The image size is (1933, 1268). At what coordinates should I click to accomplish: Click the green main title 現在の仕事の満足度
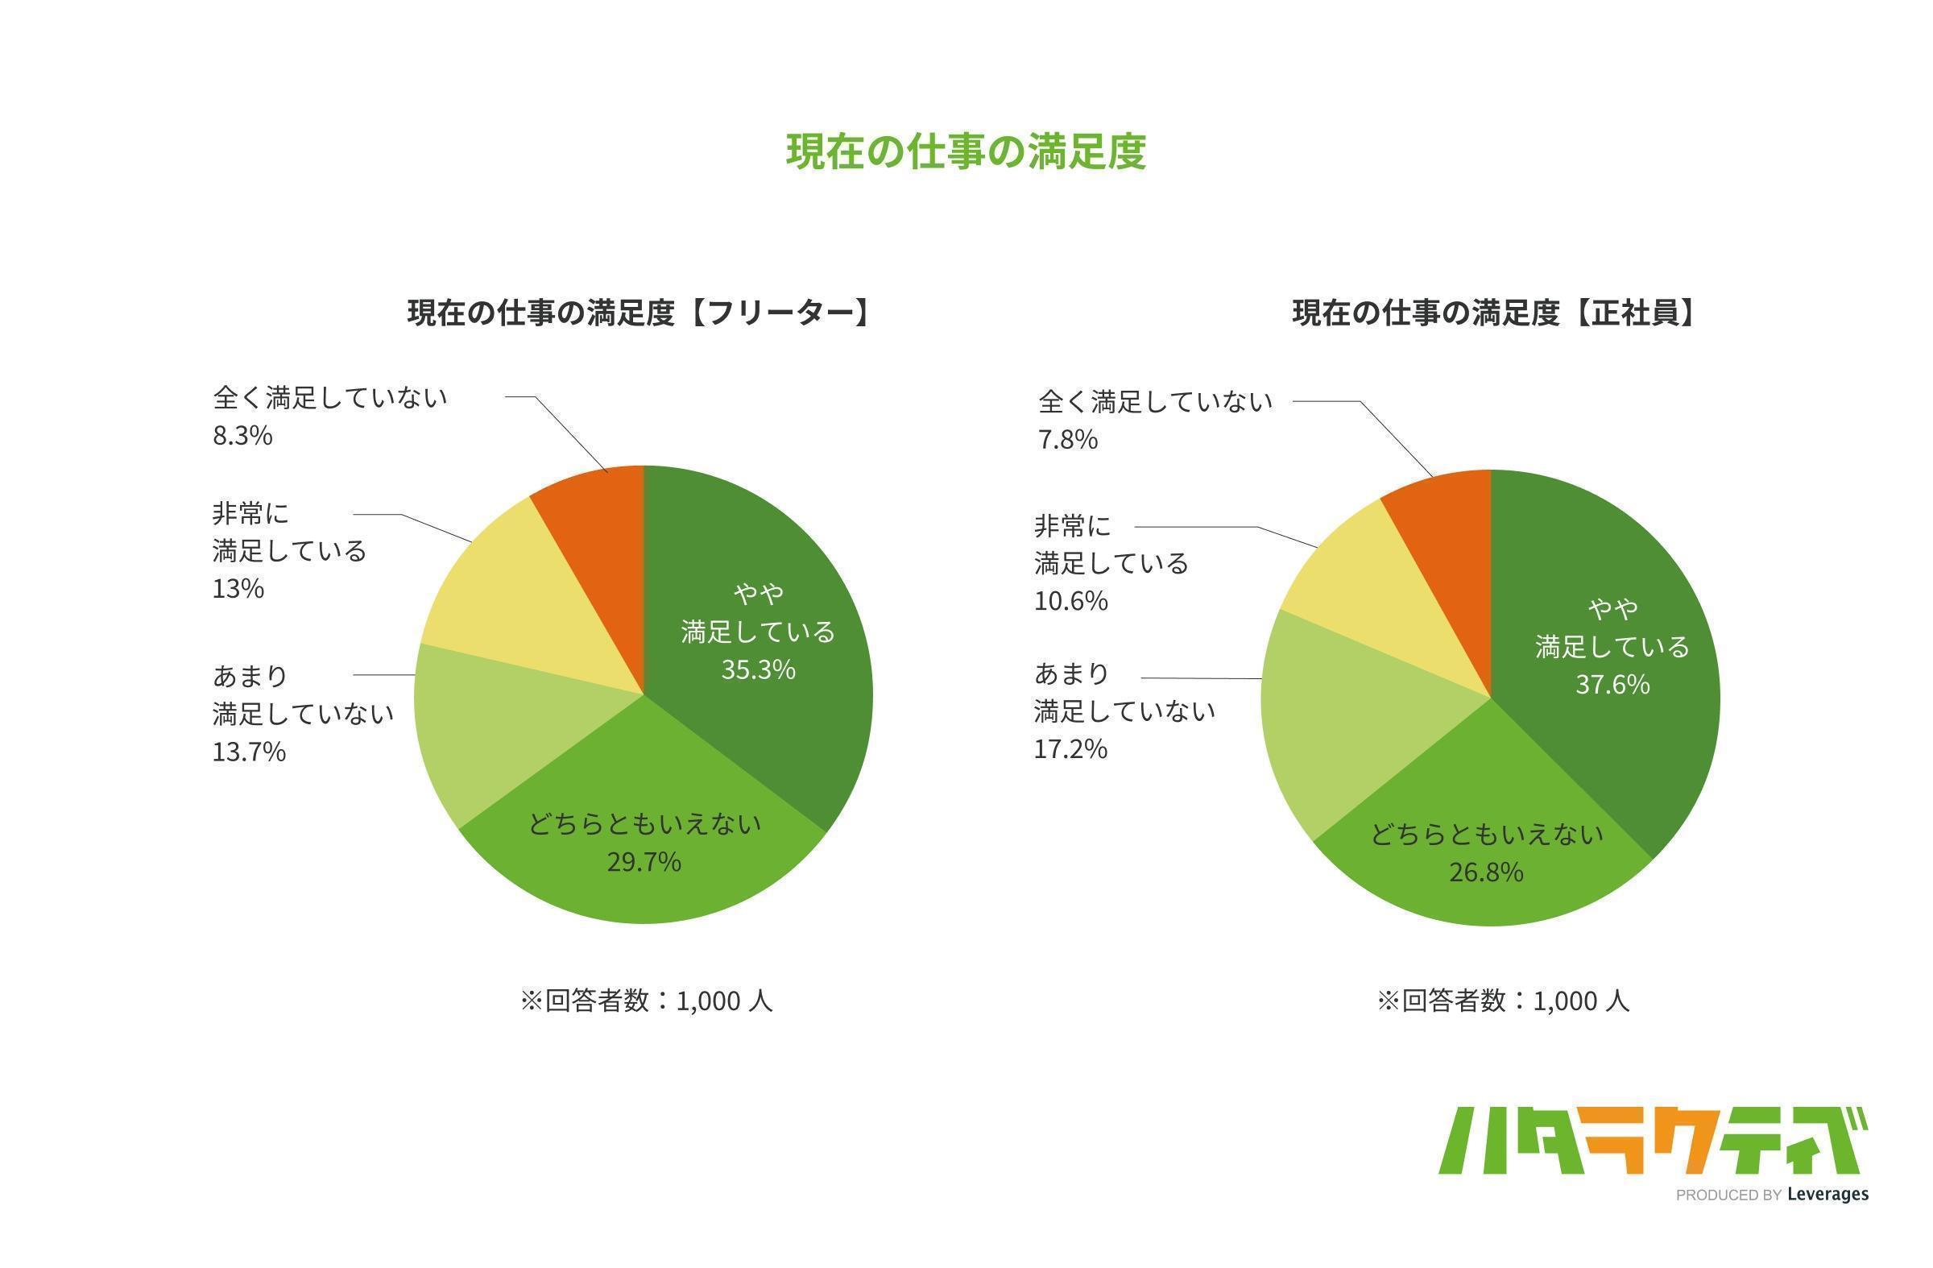coord(966,152)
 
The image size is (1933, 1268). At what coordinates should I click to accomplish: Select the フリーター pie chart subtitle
coord(639,313)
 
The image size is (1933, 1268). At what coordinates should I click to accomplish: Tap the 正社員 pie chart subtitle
coord(1492,313)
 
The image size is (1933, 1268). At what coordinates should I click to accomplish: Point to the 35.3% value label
coord(758,670)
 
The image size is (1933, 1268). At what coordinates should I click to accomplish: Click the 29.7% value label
coord(644,862)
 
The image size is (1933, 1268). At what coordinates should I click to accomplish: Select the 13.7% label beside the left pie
coord(250,752)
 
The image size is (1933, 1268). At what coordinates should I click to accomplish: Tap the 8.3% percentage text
coord(242,436)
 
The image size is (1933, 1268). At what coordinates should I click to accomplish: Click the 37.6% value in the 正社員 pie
coord(1612,685)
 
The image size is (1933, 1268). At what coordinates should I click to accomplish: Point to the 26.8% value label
coord(1485,872)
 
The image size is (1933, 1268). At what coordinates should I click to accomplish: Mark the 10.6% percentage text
coord(1070,601)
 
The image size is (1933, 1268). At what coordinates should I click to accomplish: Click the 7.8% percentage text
coord(1067,441)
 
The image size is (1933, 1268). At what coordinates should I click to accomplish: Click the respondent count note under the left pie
coord(646,1001)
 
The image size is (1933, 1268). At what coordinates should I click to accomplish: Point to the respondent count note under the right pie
coord(1503,1001)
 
